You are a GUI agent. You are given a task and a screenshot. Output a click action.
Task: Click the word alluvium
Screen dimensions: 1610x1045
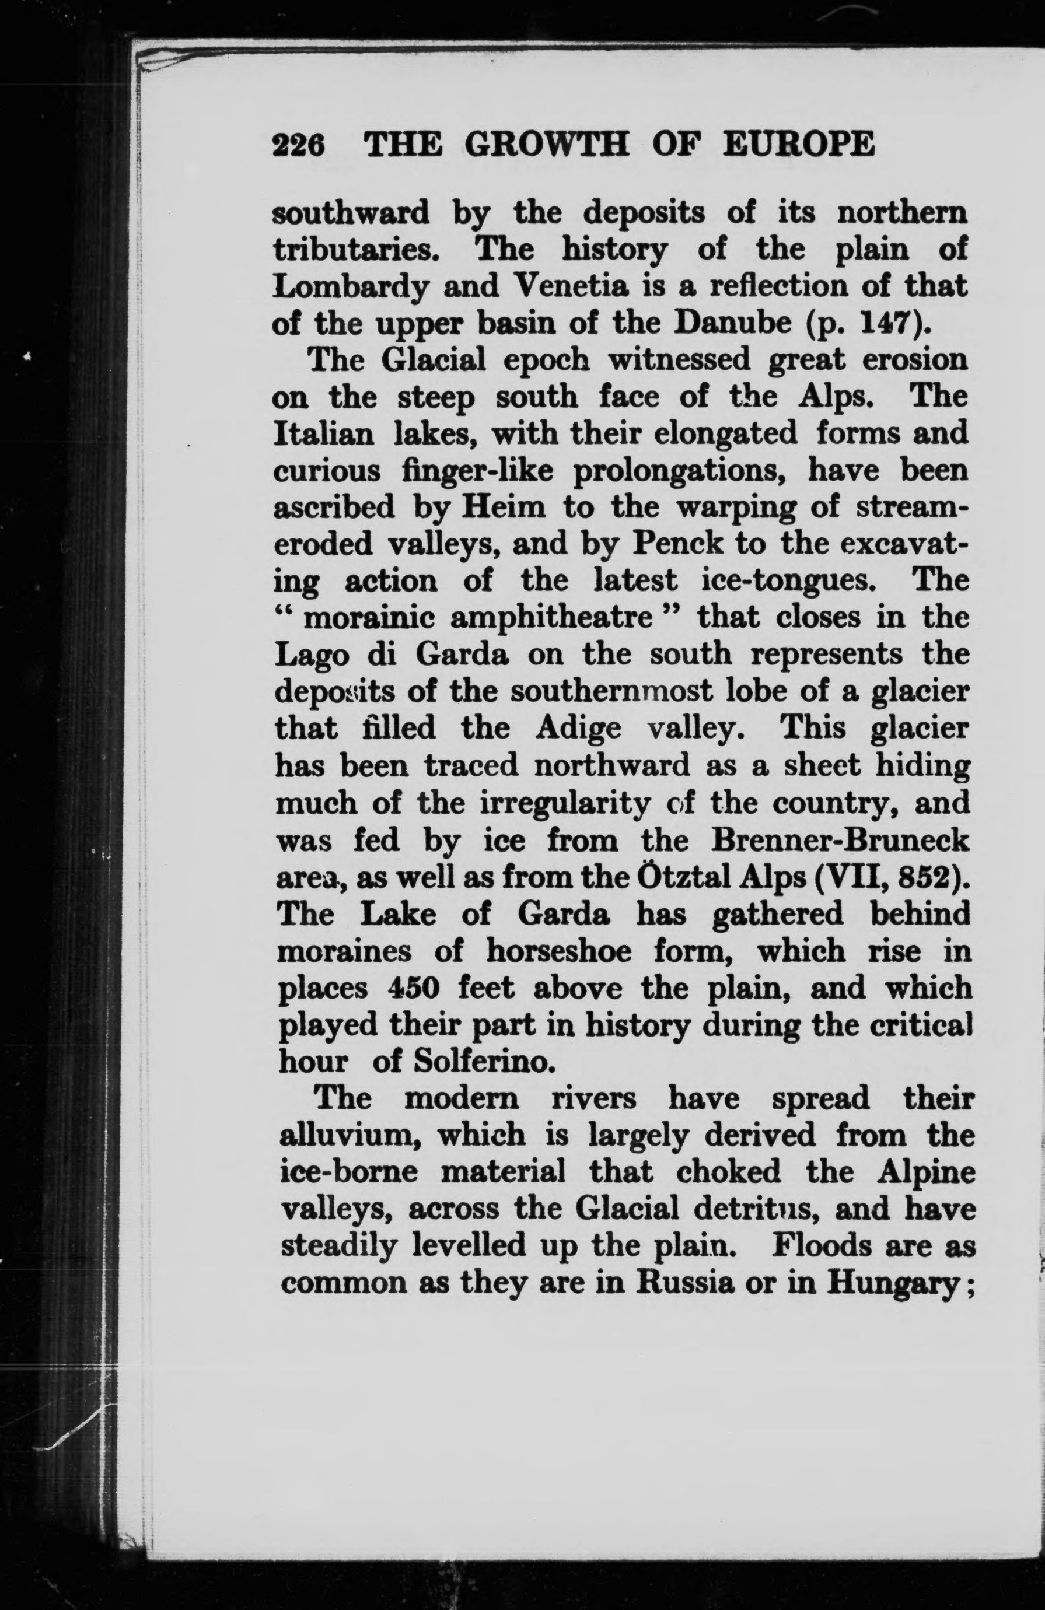[x=351, y=1136]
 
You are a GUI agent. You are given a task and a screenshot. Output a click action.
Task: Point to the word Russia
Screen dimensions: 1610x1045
[x=685, y=1283]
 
